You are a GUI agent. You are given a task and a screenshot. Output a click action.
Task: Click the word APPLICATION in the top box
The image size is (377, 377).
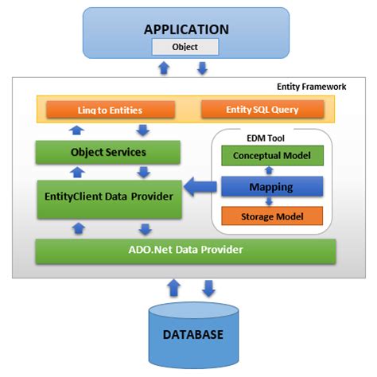pyautogui.click(x=186, y=29)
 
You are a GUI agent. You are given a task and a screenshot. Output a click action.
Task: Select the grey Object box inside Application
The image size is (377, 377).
pyautogui.click(x=185, y=47)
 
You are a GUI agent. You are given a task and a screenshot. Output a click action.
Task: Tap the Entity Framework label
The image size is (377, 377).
pyautogui.click(x=311, y=87)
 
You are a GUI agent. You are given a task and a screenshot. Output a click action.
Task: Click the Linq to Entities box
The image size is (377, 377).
pyautogui.click(x=111, y=110)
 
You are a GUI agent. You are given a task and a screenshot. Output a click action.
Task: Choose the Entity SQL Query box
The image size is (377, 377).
pyautogui.click(x=262, y=109)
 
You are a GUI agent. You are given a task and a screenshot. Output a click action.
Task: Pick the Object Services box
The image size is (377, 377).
pyautogui.click(x=108, y=152)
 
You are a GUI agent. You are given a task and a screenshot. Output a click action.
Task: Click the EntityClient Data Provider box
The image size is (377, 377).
pyautogui.click(x=109, y=200)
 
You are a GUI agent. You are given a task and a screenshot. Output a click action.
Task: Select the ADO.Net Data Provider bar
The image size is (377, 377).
pyautogui.click(x=185, y=251)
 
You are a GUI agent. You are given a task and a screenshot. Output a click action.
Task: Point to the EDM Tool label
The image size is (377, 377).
pyautogui.click(x=266, y=138)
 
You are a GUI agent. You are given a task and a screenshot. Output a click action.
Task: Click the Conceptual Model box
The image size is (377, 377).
pyautogui.click(x=272, y=156)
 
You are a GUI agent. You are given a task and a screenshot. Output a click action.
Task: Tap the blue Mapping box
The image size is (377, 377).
pyautogui.click(x=272, y=187)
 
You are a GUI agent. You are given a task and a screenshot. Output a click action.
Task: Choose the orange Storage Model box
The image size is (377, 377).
pyautogui.click(x=272, y=216)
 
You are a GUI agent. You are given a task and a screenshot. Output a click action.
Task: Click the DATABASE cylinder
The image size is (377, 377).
pyautogui.click(x=193, y=336)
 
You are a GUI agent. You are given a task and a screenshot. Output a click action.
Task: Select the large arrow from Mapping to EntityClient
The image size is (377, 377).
pyautogui.click(x=200, y=187)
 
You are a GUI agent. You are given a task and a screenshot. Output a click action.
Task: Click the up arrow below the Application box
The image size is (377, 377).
pyautogui.click(x=164, y=68)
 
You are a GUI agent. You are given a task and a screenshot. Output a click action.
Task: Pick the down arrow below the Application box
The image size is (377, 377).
pyautogui.click(x=202, y=68)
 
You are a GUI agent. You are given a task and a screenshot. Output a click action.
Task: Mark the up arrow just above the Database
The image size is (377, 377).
pyautogui.click(x=174, y=288)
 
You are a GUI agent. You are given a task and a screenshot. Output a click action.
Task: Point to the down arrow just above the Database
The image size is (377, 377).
pyautogui.click(x=208, y=289)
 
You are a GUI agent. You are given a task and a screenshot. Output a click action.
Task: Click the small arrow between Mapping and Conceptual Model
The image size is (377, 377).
pyautogui.click(x=269, y=170)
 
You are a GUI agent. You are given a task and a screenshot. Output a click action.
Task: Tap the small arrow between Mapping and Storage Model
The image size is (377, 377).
pyautogui.click(x=269, y=201)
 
